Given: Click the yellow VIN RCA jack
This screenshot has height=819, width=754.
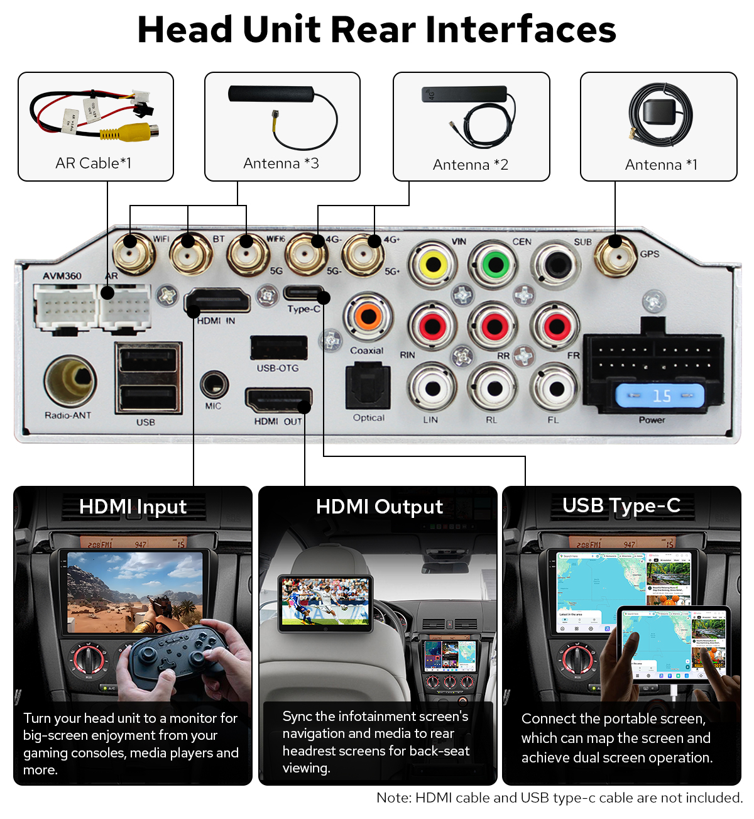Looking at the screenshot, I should [x=434, y=264].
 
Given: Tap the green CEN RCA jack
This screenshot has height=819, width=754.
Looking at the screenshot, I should [x=495, y=264].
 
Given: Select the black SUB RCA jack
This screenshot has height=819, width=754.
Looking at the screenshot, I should [x=556, y=264].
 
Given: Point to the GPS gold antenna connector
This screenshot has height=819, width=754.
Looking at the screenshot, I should [x=615, y=255].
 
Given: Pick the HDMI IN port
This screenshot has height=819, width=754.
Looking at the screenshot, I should [x=217, y=301].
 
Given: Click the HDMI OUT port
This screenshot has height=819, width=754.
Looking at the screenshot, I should [x=278, y=400].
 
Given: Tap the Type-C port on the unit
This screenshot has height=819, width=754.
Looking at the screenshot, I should [x=304, y=293].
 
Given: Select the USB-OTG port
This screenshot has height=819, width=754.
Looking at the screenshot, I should [x=278, y=348].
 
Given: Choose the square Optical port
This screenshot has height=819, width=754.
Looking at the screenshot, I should [x=368, y=386].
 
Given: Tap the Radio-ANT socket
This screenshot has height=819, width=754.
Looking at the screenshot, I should [x=70, y=381].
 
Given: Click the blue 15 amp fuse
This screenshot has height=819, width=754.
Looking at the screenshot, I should [x=660, y=396].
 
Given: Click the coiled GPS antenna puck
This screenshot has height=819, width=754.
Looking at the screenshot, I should [x=661, y=116].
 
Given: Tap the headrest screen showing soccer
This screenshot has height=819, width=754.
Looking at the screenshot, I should [x=325, y=602].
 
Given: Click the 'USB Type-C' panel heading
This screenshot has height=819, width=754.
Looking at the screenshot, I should [x=621, y=506].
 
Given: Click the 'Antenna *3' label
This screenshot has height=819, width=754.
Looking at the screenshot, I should [x=281, y=163].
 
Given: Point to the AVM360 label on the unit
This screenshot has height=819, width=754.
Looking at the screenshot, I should [x=62, y=276].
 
